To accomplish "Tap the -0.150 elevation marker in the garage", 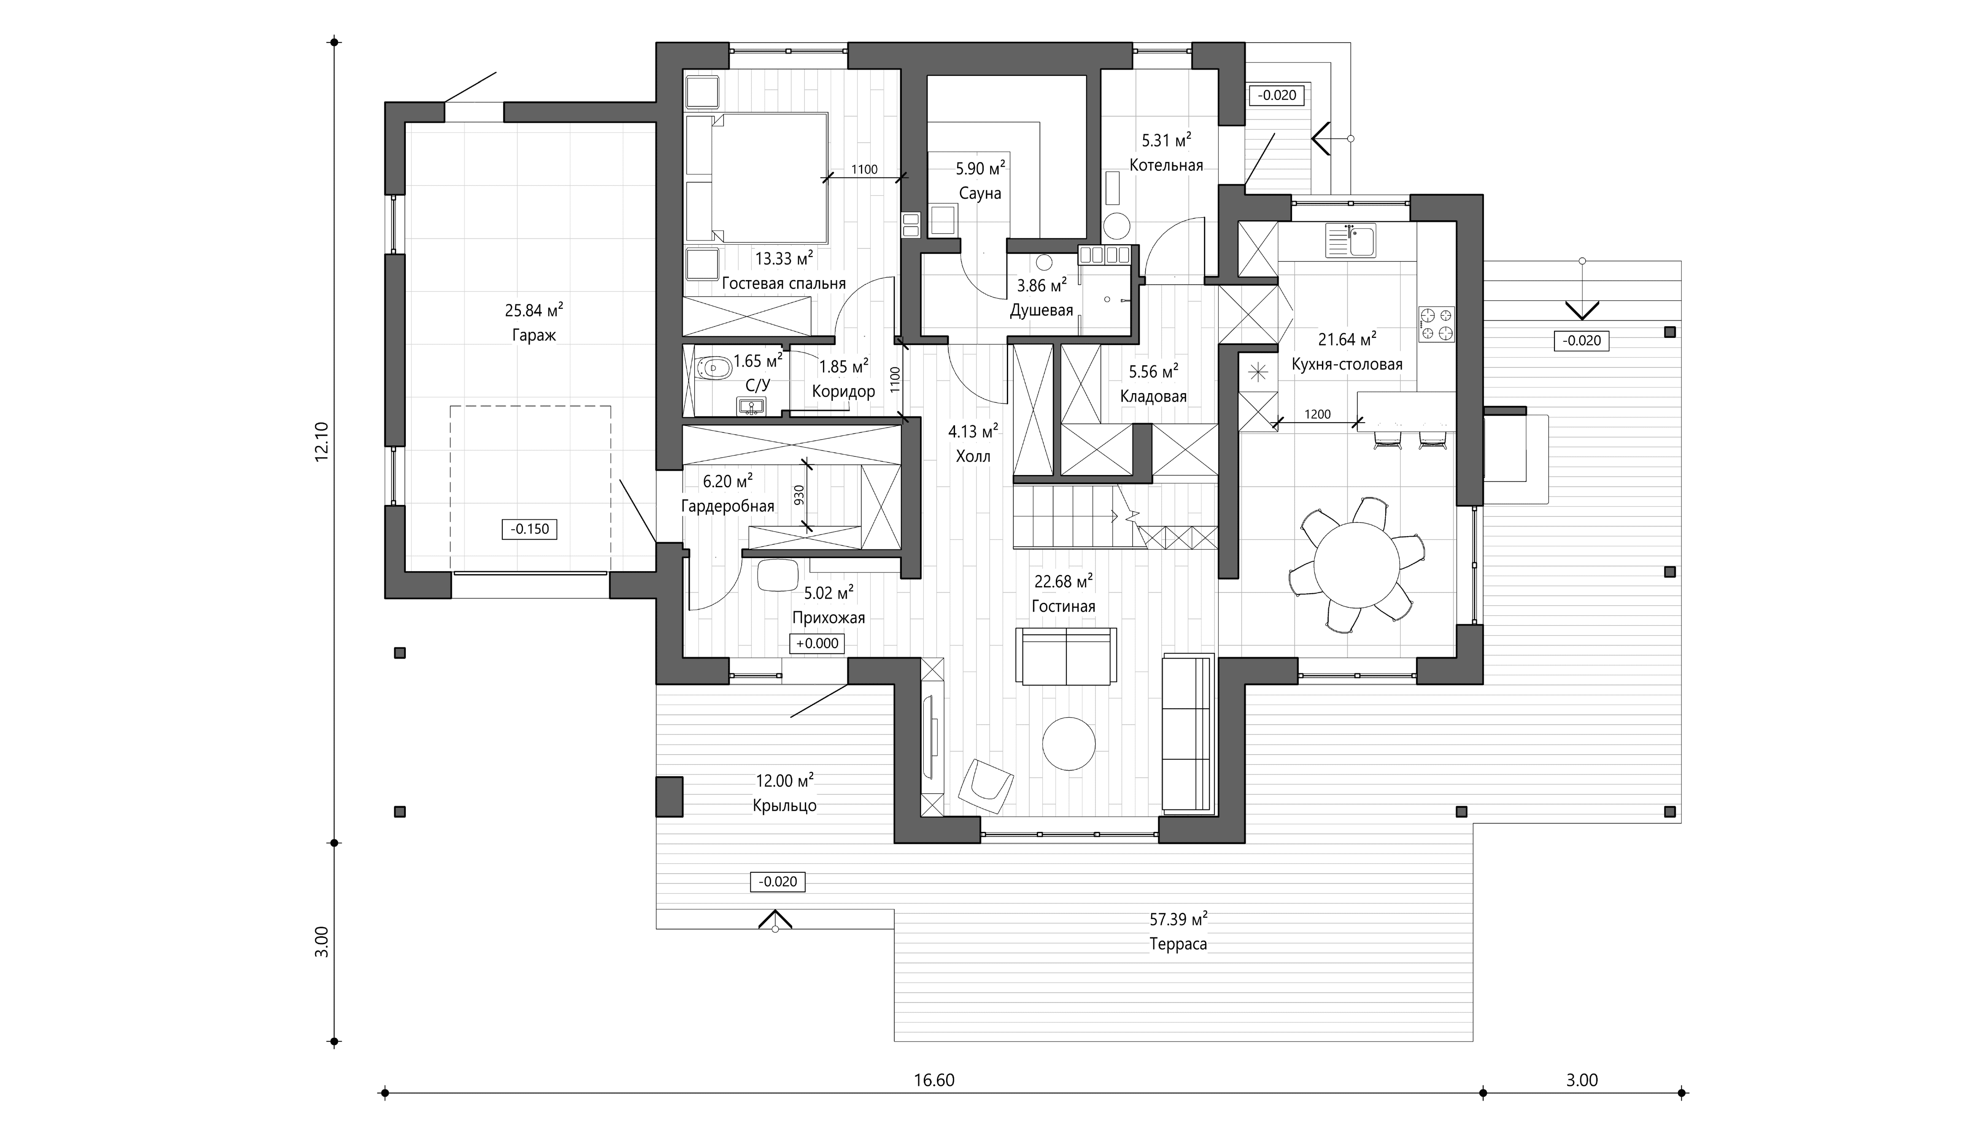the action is coord(530,529).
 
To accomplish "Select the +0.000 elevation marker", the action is coord(817,644).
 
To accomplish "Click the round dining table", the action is coord(1357,565).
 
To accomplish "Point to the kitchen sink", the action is coord(1351,241).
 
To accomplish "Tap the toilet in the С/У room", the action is coord(713,368).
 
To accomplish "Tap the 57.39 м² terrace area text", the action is coord(1179,920).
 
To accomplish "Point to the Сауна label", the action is coord(979,193).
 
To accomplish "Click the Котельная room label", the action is coord(1166,165).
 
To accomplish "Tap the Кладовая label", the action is coord(1153,397).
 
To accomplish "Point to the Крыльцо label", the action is coord(785,806).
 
